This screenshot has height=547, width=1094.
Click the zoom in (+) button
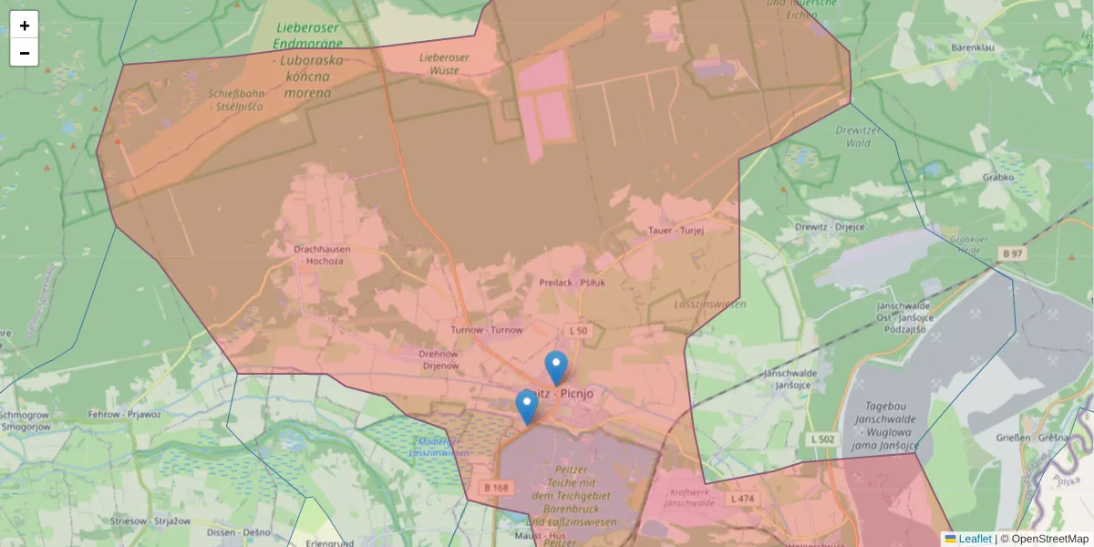25,26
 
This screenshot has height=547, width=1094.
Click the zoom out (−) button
25,53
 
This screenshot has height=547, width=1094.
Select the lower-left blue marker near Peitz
527,407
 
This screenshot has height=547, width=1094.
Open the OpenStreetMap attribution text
1044,539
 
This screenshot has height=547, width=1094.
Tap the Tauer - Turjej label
676,231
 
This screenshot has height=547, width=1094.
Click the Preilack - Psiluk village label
573,283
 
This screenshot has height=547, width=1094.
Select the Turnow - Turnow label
487,330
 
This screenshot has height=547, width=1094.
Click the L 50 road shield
578,330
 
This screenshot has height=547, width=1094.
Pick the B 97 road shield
1013,253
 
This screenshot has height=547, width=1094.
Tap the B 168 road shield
496,488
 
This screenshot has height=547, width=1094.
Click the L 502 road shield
822,440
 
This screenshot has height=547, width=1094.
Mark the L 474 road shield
741,499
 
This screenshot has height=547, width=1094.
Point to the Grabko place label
999,177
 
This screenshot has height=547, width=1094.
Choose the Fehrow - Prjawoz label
124,414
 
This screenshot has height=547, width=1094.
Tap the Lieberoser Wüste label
444,63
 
